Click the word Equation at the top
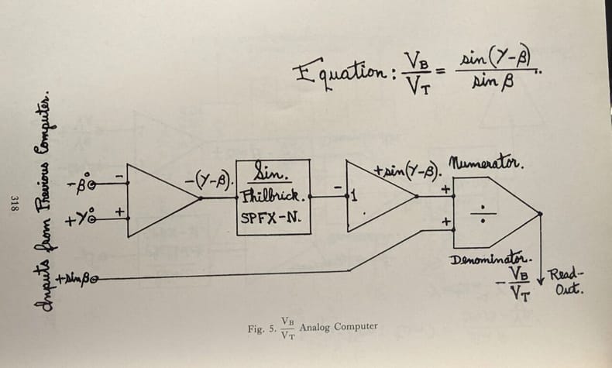[339, 74]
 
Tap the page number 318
[15, 203]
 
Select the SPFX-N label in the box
[270, 218]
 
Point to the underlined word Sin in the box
[269, 172]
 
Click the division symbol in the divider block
[483, 214]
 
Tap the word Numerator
[486, 163]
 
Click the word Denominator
[491, 259]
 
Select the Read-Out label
[566, 282]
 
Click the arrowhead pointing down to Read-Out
[541, 280]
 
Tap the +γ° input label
[81, 218]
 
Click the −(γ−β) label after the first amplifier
[209, 181]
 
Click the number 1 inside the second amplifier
[354, 195]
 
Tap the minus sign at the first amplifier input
[119, 177]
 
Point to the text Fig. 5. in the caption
[262, 329]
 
